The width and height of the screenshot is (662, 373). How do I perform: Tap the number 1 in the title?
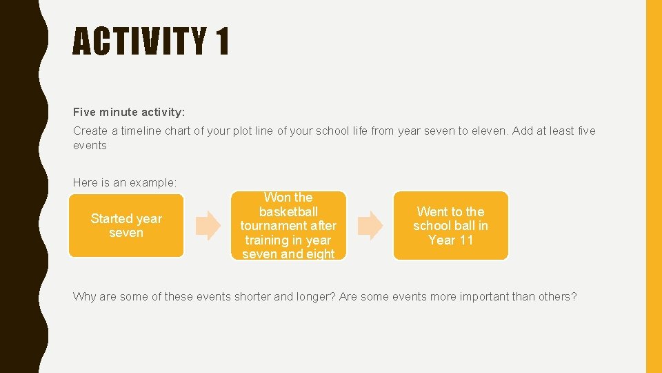[222, 41]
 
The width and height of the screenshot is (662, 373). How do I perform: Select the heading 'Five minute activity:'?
[129, 112]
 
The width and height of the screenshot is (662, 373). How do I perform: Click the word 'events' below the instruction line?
[90, 145]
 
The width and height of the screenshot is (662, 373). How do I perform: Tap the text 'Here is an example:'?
[125, 182]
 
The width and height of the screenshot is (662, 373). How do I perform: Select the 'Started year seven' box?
[126, 226]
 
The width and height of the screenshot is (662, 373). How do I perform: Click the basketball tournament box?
[288, 226]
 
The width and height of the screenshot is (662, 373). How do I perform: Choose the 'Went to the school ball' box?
[450, 226]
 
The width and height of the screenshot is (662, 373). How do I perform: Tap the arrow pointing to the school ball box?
[370, 226]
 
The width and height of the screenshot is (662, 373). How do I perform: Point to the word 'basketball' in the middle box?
[288, 211]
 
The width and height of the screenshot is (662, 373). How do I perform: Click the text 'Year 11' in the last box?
[450, 240]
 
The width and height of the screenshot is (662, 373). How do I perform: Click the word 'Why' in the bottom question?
[85, 297]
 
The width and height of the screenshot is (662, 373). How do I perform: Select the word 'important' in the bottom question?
[474, 297]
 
